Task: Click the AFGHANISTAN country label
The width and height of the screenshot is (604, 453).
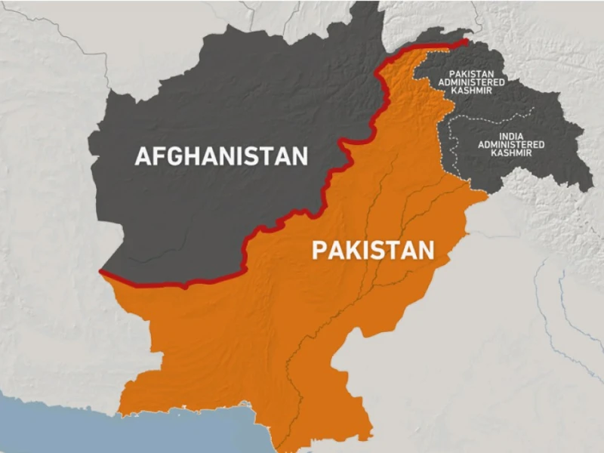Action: tap(221, 156)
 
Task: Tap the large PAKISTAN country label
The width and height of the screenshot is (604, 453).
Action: tap(373, 251)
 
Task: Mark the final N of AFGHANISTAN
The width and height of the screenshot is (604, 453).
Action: tap(300, 156)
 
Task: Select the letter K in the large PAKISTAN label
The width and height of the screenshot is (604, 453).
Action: tap(356, 251)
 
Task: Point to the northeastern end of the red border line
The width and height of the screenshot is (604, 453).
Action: tap(466, 41)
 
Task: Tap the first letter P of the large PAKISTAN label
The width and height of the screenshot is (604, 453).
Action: tap(319, 251)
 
